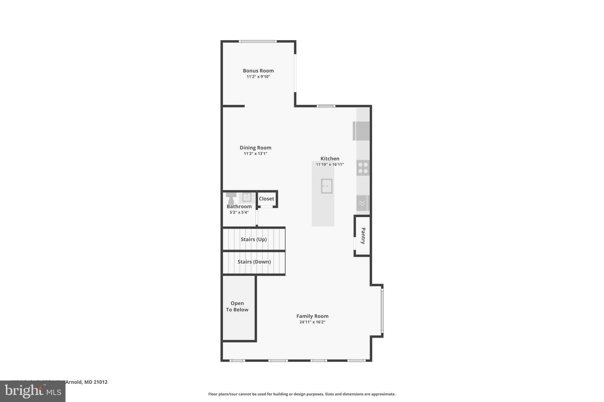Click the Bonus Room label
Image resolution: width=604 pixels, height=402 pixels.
pyautogui.click(x=258, y=71)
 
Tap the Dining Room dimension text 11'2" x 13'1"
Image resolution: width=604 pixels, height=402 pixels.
pyautogui.click(x=255, y=153)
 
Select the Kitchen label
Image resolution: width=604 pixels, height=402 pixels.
pyautogui.click(x=330, y=158)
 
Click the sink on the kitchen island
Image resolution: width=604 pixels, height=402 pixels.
pyautogui.click(x=327, y=186)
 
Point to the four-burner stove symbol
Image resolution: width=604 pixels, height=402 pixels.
pyautogui.click(x=363, y=168)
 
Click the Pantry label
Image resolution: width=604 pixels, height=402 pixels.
pyautogui.click(x=363, y=236)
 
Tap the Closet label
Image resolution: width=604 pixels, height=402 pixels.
pyautogui.click(x=266, y=199)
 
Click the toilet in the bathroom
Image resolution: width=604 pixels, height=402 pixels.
pyautogui.click(x=231, y=199)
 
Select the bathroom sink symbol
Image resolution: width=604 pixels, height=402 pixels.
pyautogui.click(x=247, y=197)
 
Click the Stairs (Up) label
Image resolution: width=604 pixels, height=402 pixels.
pyautogui.click(x=254, y=239)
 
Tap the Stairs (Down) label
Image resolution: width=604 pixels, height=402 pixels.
pyautogui.click(x=254, y=262)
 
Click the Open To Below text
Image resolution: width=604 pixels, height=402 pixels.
pyautogui.click(x=237, y=306)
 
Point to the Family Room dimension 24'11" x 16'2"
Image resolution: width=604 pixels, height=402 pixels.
pyautogui.click(x=312, y=322)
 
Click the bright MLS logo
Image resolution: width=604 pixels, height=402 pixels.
pyautogui.click(x=33, y=391)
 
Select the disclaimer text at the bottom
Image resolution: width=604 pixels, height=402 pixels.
pyautogui.click(x=302, y=394)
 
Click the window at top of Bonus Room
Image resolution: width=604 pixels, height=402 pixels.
pyautogui.click(x=258, y=42)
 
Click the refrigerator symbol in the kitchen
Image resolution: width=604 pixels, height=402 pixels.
pyautogui.click(x=362, y=131)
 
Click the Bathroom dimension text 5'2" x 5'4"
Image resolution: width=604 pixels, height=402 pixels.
pyautogui.click(x=239, y=212)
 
